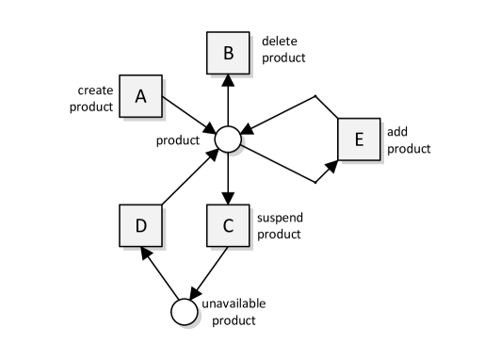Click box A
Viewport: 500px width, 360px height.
[x=141, y=96]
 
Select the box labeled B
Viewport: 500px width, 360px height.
[x=228, y=53]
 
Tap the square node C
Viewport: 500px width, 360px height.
[x=228, y=226]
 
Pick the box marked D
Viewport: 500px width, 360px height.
[x=141, y=226]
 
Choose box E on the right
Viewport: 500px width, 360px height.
[x=359, y=139]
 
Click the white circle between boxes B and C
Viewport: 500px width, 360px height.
[x=228, y=139]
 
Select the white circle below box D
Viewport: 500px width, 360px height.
[x=185, y=312]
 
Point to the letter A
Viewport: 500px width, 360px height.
[x=141, y=96]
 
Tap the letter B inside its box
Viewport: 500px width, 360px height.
[x=228, y=53]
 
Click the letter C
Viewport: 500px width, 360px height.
[x=228, y=226]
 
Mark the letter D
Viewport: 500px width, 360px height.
[x=141, y=226]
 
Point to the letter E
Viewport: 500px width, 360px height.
[x=359, y=139]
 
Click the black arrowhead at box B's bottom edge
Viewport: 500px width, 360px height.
[x=228, y=76]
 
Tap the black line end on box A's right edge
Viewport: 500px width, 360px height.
[x=164, y=96]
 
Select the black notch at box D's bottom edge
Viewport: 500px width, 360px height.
[x=144, y=248]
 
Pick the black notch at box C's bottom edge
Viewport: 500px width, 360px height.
[x=225, y=248]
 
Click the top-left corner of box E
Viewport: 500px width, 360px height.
[x=339, y=120]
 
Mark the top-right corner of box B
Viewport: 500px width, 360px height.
[x=249, y=33]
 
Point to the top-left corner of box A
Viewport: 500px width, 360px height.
[x=121, y=76]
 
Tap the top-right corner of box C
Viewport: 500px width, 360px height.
[x=249, y=206]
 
